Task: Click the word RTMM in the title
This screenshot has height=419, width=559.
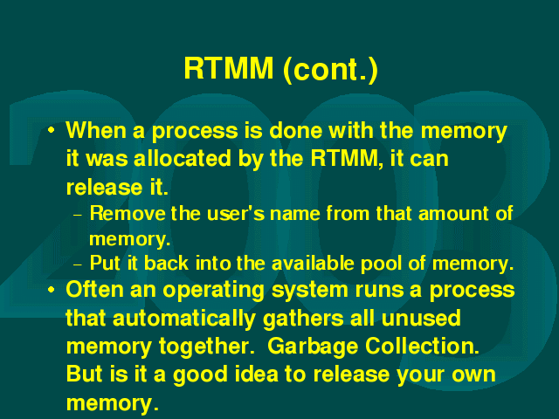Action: pos(229,68)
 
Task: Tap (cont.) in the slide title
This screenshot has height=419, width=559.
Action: pos(330,70)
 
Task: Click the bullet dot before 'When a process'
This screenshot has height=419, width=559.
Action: pos(52,130)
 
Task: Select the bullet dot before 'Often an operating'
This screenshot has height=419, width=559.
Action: pos(52,290)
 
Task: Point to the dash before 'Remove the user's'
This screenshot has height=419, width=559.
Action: pos(78,216)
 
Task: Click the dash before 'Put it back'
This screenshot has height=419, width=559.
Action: pos(78,264)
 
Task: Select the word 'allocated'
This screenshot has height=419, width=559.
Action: pos(183,158)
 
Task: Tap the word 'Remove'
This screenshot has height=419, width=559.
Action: pos(128,213)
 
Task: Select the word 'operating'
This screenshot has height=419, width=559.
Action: pos(213,291)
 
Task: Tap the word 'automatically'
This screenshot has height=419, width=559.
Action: pos(184,319)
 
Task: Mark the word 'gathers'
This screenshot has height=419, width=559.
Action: pos(303,319)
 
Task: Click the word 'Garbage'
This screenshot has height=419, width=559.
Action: pos(313,347)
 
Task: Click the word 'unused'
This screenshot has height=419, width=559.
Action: pos(421,318)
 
